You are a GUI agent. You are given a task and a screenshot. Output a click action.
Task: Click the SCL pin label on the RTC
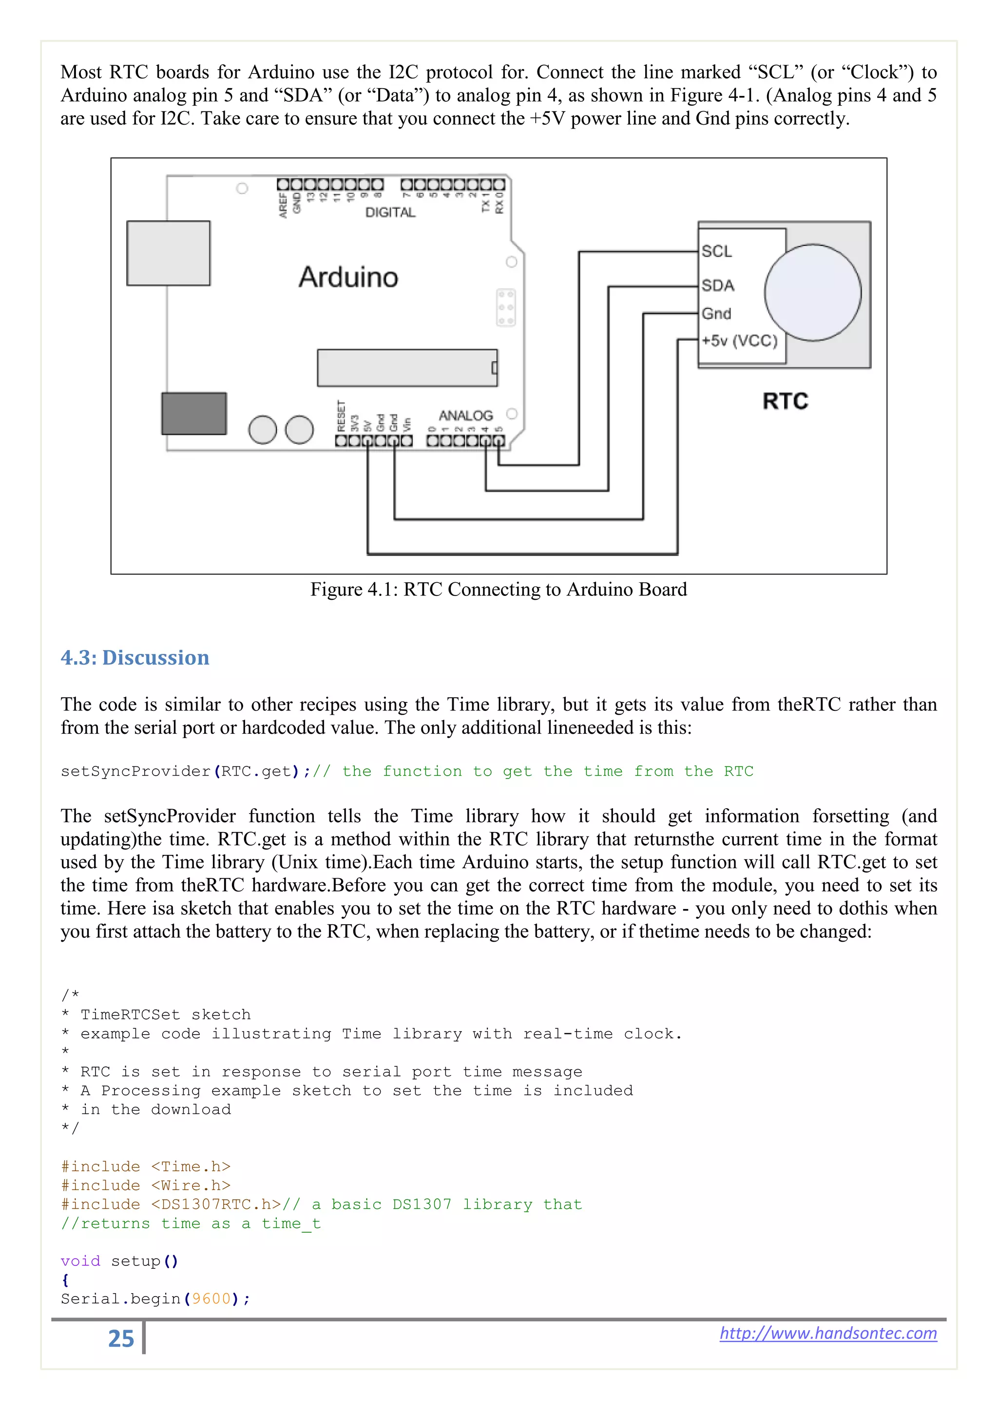[x=716, y=251]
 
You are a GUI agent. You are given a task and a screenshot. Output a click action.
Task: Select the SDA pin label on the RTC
[x=718, y=286]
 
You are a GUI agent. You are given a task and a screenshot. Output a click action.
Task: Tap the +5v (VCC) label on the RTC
[x=739, y=341]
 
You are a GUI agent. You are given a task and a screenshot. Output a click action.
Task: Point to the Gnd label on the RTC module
[x=716, y=314]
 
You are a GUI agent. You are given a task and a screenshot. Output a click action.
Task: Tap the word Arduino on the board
[x=348, y=277]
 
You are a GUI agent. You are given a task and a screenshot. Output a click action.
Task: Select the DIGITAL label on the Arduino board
[x=390, y=212]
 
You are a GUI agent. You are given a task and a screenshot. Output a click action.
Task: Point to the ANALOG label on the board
[x=465, y=416]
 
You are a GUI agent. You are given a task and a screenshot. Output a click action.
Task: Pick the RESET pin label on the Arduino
[x=342, y=416]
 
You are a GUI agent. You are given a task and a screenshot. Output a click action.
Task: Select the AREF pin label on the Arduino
[x=283, y=205]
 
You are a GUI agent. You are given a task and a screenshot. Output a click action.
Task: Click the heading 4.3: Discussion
[x=134, y=658]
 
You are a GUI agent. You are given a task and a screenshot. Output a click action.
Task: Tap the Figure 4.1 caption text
[x=499, y=590]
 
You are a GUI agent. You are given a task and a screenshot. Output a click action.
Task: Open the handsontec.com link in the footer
[x=828, y=1333]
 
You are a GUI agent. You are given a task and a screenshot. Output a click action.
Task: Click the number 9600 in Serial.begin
[x=211, y=1299]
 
